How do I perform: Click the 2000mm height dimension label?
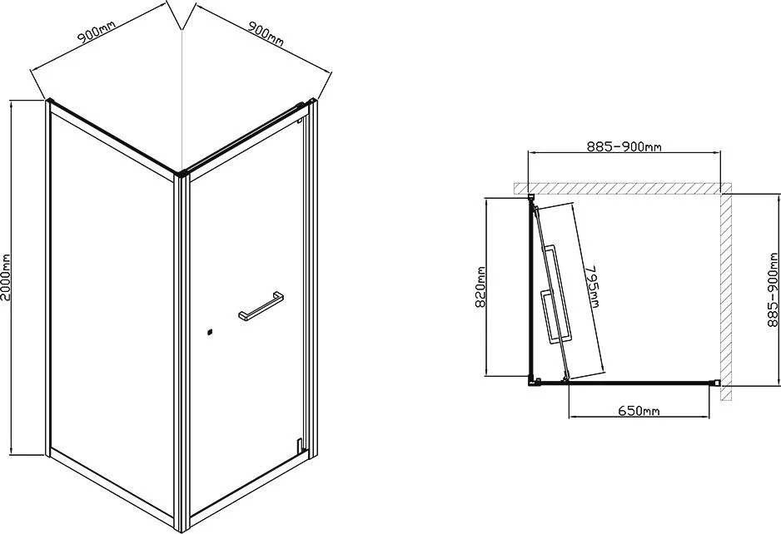click(x=6, y=277)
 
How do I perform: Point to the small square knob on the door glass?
click(x=210, y=331)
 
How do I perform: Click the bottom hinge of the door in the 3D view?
click(x=300, y=444)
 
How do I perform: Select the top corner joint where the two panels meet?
click(x=183, y=173)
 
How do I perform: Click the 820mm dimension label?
click(x=480, y=294)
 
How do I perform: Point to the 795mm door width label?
click(x=593, y=286)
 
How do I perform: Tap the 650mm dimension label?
click(x=639, y=411)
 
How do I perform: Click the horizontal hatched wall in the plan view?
click(x=622, y=188)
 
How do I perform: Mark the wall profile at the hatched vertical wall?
click(x=716, y=383)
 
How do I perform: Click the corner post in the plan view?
click(x=534, y=382)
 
